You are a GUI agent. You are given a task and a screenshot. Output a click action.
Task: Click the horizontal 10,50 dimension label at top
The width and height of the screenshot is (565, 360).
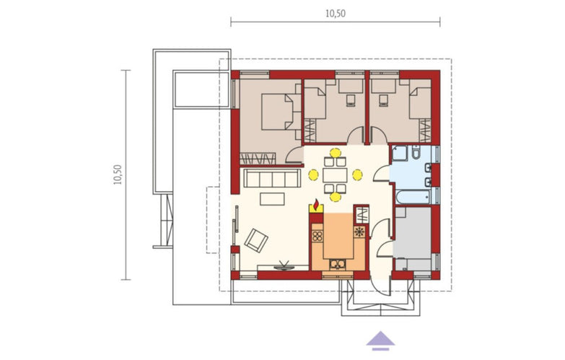[336, 14]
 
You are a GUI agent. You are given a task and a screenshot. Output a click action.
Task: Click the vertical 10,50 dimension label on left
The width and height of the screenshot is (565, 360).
[118, 175]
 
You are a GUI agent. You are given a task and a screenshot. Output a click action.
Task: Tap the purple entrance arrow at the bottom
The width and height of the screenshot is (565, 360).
[380, 341]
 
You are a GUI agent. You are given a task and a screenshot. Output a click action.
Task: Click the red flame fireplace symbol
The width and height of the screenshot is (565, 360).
[316, 205]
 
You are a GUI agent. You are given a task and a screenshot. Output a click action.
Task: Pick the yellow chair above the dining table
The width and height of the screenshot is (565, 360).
[335, 153]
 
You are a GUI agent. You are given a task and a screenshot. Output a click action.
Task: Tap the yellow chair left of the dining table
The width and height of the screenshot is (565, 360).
[313, 175]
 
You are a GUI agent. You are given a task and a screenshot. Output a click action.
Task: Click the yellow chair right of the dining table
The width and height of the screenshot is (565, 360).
[357, 175]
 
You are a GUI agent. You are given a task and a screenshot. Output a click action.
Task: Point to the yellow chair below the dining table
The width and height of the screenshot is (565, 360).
[335, 197]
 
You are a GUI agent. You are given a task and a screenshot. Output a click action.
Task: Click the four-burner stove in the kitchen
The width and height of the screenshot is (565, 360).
[317, 236]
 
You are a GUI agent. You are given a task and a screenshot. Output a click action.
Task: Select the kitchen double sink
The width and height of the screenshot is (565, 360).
[337, 265]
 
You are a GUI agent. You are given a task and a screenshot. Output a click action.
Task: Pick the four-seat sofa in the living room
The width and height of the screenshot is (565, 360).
[273, 178]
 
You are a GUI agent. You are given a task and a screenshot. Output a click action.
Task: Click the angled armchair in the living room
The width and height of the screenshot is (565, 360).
[256, 240]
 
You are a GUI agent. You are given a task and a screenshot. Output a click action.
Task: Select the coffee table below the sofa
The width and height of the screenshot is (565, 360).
[272, 199]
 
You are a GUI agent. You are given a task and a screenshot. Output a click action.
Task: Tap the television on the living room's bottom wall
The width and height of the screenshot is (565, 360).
[284, 266]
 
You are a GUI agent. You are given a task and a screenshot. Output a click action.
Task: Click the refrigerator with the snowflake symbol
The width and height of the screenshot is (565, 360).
[359, 232]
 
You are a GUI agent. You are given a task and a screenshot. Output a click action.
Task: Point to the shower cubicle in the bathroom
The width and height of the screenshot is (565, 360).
[400, 153]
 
